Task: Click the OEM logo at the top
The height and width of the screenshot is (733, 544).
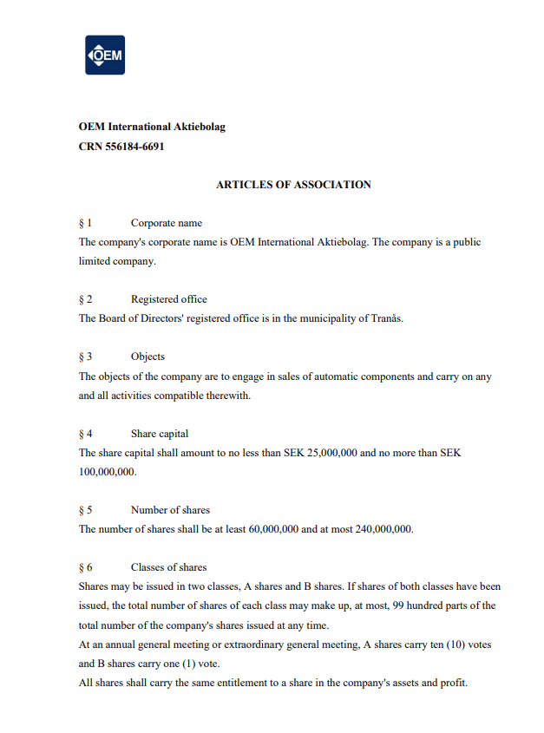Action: pyautogui.click(x=105, y=56)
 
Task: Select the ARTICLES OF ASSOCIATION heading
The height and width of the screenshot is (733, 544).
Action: pyautogui.click(x=293, y=185)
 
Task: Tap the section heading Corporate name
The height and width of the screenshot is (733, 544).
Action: pyautogui.click(x=166, y=223)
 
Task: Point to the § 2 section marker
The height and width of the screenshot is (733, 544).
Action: pyautogui.click(x=86, y=299)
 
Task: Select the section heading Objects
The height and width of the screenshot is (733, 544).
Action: pyautogui.click(x=147, y=357)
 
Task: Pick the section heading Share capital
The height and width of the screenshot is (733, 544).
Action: pyautogui.click(x=160, y=433)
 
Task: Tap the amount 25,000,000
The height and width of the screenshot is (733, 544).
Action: pyautogui.click(x=333, y=452)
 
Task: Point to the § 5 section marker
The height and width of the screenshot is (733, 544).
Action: pyautogui.click(x=86, y=509)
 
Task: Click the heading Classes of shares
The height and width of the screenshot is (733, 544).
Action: pyautogui.click(x=168, y=567)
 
